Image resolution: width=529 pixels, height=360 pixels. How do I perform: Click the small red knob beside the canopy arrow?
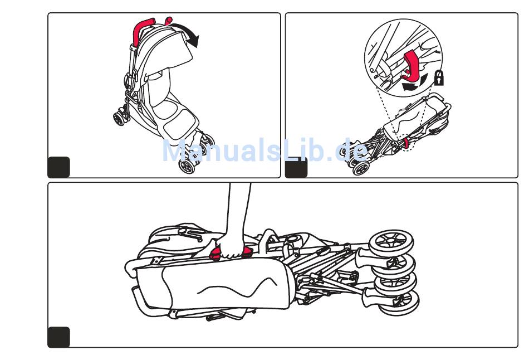[x=168, y=21]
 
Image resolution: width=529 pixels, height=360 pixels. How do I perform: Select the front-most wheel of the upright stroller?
[x=188, y=166]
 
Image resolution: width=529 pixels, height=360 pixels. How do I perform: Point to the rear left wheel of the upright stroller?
[x=119, y=118]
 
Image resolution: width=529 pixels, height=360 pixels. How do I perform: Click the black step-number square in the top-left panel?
[x=59, y=167]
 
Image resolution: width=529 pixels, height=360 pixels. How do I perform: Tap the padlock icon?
[x=439, y=79]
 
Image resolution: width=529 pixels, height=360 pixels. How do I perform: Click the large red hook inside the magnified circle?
[x=413, y=66]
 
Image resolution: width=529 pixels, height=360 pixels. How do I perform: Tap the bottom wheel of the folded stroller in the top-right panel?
[x=362, y=168]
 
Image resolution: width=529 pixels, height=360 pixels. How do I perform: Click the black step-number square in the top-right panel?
[x=296, y=167]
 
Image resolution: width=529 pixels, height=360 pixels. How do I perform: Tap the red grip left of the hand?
[x=214, y=254]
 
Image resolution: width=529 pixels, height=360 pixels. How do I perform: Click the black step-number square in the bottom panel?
[x=59, y=337]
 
